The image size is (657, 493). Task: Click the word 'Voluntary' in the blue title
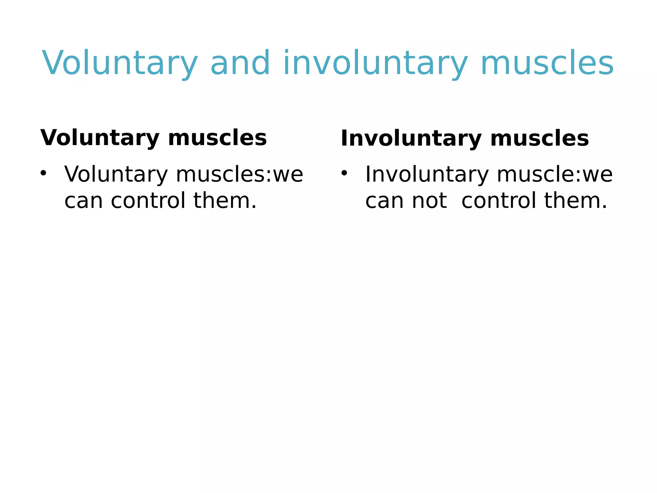(120, 63)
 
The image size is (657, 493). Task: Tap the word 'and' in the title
(240, 63)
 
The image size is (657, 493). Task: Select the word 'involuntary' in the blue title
(375, 63)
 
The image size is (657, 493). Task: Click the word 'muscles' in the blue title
(547, 63)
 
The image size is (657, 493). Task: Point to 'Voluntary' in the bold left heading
(100, 138)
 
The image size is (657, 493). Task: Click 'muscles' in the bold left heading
(217, 138)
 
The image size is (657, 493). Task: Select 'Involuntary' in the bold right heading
(411, 139)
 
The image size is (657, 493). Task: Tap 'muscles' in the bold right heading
(540, 139)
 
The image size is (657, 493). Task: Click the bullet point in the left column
(43, 174)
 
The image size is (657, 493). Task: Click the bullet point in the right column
(344, 174)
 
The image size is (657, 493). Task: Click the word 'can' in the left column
(84, 201)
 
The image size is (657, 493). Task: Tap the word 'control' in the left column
(148, 201)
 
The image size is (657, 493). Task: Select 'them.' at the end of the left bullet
(225, 201)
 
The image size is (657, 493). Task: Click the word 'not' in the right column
(429, 201)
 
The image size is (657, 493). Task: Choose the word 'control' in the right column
(499, 201)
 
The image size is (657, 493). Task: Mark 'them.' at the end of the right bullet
(576, 201)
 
